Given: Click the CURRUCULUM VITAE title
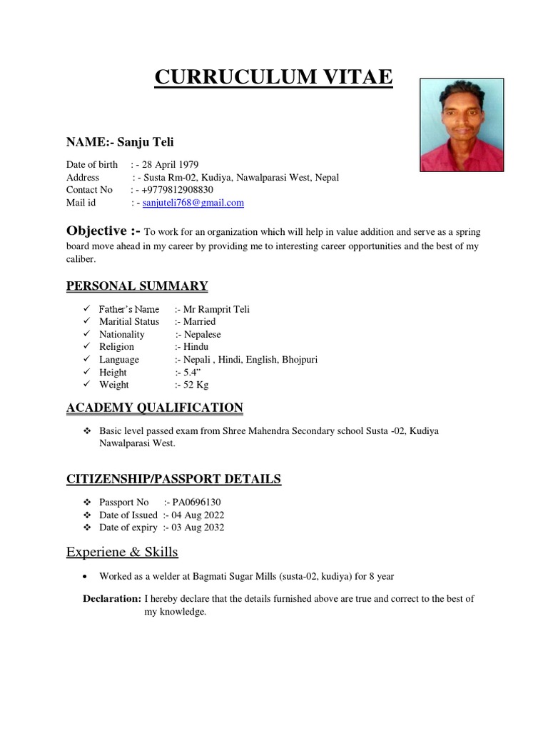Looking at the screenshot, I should (x=273, y=77).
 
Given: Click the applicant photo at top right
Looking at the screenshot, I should (x=462, y=125).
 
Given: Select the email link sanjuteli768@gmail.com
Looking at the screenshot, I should (x=193, y=203).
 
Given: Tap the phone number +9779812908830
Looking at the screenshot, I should (x=177, y=190).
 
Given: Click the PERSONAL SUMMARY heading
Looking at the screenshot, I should (x=137, y=286).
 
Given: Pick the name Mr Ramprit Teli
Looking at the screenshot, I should (x=216, y=309).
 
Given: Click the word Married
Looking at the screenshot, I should (x=199, y=322).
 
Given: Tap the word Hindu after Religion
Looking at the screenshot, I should (x=196, y=347).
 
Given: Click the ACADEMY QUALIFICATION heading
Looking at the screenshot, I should (x=155, y=408).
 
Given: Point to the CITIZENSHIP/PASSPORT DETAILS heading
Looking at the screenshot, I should (x=173, y=479).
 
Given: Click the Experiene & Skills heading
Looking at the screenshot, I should (x=122, y=552).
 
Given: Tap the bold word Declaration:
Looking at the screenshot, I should (x=111, y=599).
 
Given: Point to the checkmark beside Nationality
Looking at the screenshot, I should (x=86, y=334).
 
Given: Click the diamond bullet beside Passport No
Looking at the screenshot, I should (x=86, y=503).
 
